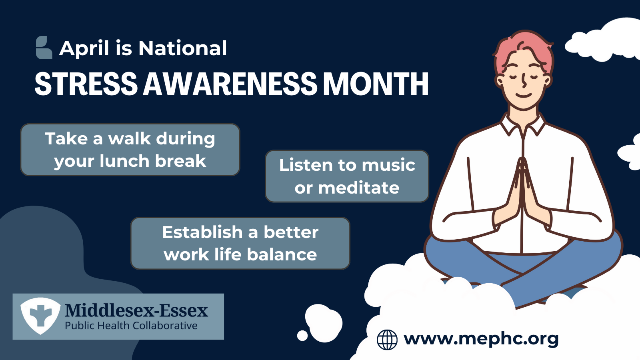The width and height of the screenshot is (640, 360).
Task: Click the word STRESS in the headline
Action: click(86, 84)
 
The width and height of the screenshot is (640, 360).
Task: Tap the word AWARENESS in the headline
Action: click(230, 84)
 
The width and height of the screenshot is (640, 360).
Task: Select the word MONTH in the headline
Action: click(376, 84)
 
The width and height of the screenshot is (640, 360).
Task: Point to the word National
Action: click(182, 48)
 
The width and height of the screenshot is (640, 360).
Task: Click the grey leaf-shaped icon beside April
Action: click(44, 48)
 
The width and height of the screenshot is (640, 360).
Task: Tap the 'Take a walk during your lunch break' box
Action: click(130, 150)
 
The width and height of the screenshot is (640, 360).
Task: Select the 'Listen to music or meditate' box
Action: click(347, 176)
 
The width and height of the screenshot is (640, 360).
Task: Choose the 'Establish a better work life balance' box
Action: click(240, 243)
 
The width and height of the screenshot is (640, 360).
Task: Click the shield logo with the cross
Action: click(40, 316)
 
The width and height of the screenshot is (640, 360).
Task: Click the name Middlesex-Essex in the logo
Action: click(136, 310)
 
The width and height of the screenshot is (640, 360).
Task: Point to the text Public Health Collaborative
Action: click(131, 326)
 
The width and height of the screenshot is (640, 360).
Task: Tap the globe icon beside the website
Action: click(387, 340)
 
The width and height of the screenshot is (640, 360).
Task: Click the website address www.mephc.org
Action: click(481, 339)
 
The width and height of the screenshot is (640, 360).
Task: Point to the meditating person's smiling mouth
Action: click(524, 95)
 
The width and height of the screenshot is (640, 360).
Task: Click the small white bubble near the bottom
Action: click(302, 336)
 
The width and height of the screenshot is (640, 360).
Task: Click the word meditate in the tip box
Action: click(359, 188)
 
